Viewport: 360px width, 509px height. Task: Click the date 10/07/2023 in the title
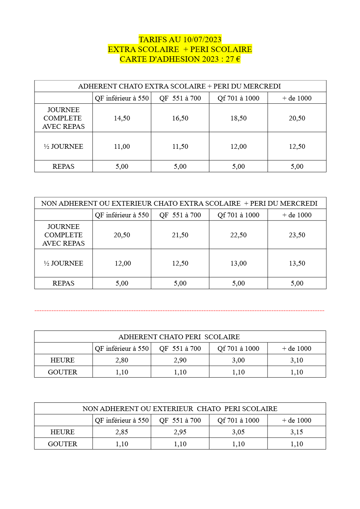click(x=202, y=40)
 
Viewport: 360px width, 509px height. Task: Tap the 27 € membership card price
click(x=233, y=59)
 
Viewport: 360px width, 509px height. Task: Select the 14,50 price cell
click(x=122, y=118)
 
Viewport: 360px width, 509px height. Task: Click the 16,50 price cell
click(x=180, y=118)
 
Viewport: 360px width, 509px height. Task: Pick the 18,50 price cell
click(x=238, y=118)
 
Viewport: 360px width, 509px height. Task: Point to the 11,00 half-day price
click(x=122, y=147)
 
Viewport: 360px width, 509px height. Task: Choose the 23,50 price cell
click(x=297, y=235)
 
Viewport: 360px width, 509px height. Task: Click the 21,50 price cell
click(x=180, y=235)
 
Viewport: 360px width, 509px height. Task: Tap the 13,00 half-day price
click(x=238, y=263)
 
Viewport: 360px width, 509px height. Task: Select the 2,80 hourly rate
click(x=122, y=360)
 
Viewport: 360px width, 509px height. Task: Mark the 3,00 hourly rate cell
click(x=238, y=360)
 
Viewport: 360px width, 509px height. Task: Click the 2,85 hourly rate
click(x=122, y=432)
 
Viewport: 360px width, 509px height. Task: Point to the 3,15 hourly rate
click(x=296, y=432)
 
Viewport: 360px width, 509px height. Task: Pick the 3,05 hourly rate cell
click(x=238, y=432)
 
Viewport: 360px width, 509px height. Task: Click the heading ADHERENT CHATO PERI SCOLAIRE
click(x=179, y=337)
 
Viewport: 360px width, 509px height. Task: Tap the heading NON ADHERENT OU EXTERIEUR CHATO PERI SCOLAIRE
click(x=180, y=409)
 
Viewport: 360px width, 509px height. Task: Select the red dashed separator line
click(x=179, y=311)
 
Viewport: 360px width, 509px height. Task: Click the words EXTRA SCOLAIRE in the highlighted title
click(x=143, y=49)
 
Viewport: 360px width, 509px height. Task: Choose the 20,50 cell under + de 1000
click(x=297, y=118)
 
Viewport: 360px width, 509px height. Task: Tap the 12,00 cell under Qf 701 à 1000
click(x=238, y=147)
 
